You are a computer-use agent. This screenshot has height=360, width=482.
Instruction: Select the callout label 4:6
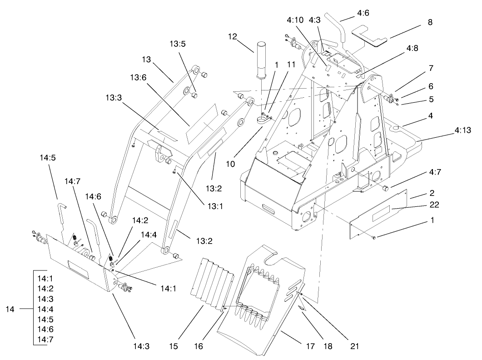(x=363, y=13)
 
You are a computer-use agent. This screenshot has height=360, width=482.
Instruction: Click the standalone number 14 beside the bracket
(x=10, y=309)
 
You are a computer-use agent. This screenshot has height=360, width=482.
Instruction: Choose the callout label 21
(x=354, y=346)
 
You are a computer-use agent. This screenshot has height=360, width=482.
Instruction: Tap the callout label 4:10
(x=295, y=20)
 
